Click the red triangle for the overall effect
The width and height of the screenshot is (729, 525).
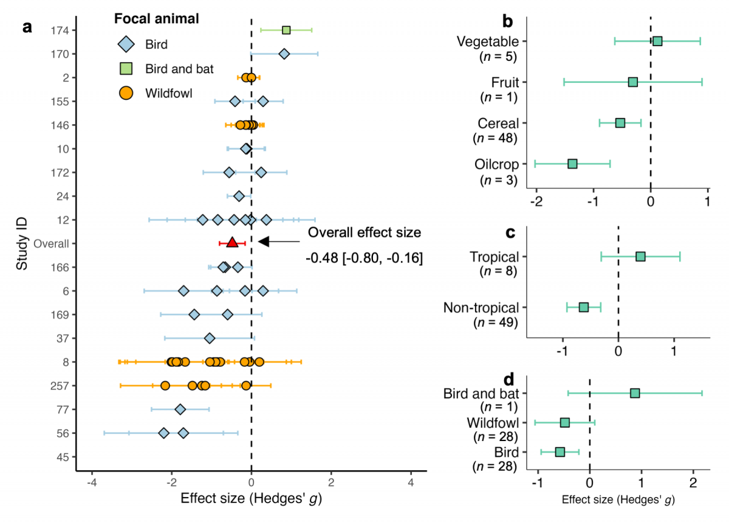(x=232, y=243)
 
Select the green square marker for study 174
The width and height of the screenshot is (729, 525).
(x=286, y=30)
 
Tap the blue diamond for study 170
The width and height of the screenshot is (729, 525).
(x=284, y=54)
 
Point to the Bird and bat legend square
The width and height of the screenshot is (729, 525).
(x=125, y=69)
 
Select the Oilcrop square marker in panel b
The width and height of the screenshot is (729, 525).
(x=572, y=164)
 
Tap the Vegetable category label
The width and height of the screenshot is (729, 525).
(x=487, y=41)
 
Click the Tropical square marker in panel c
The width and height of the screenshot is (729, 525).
(x=640, y=256)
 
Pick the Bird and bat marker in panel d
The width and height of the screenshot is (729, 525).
(x=635, y=393)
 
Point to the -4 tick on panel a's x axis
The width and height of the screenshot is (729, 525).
(x=92, y=483)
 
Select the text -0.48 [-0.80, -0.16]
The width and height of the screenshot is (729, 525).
(x=364, y=259)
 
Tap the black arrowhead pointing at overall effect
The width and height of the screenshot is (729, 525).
(x=264, y=242)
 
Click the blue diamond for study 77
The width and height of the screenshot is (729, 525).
(x=180, y=409)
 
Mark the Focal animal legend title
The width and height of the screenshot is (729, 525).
(x=157, y=19)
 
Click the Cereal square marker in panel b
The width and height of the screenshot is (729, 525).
(x=620, y=123)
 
